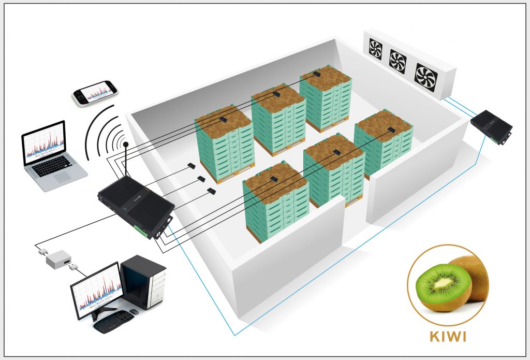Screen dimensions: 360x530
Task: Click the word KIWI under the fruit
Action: point(448,337)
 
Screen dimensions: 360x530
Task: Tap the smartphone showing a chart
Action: point(93,93)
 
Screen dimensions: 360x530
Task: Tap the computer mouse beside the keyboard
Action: point(134,311)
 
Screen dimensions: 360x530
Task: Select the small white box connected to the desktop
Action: point(58,258)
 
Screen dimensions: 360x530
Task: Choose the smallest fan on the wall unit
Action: point(375,49)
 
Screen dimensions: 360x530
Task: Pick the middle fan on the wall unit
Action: point(398,61)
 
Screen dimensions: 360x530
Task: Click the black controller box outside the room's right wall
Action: point(491,126)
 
